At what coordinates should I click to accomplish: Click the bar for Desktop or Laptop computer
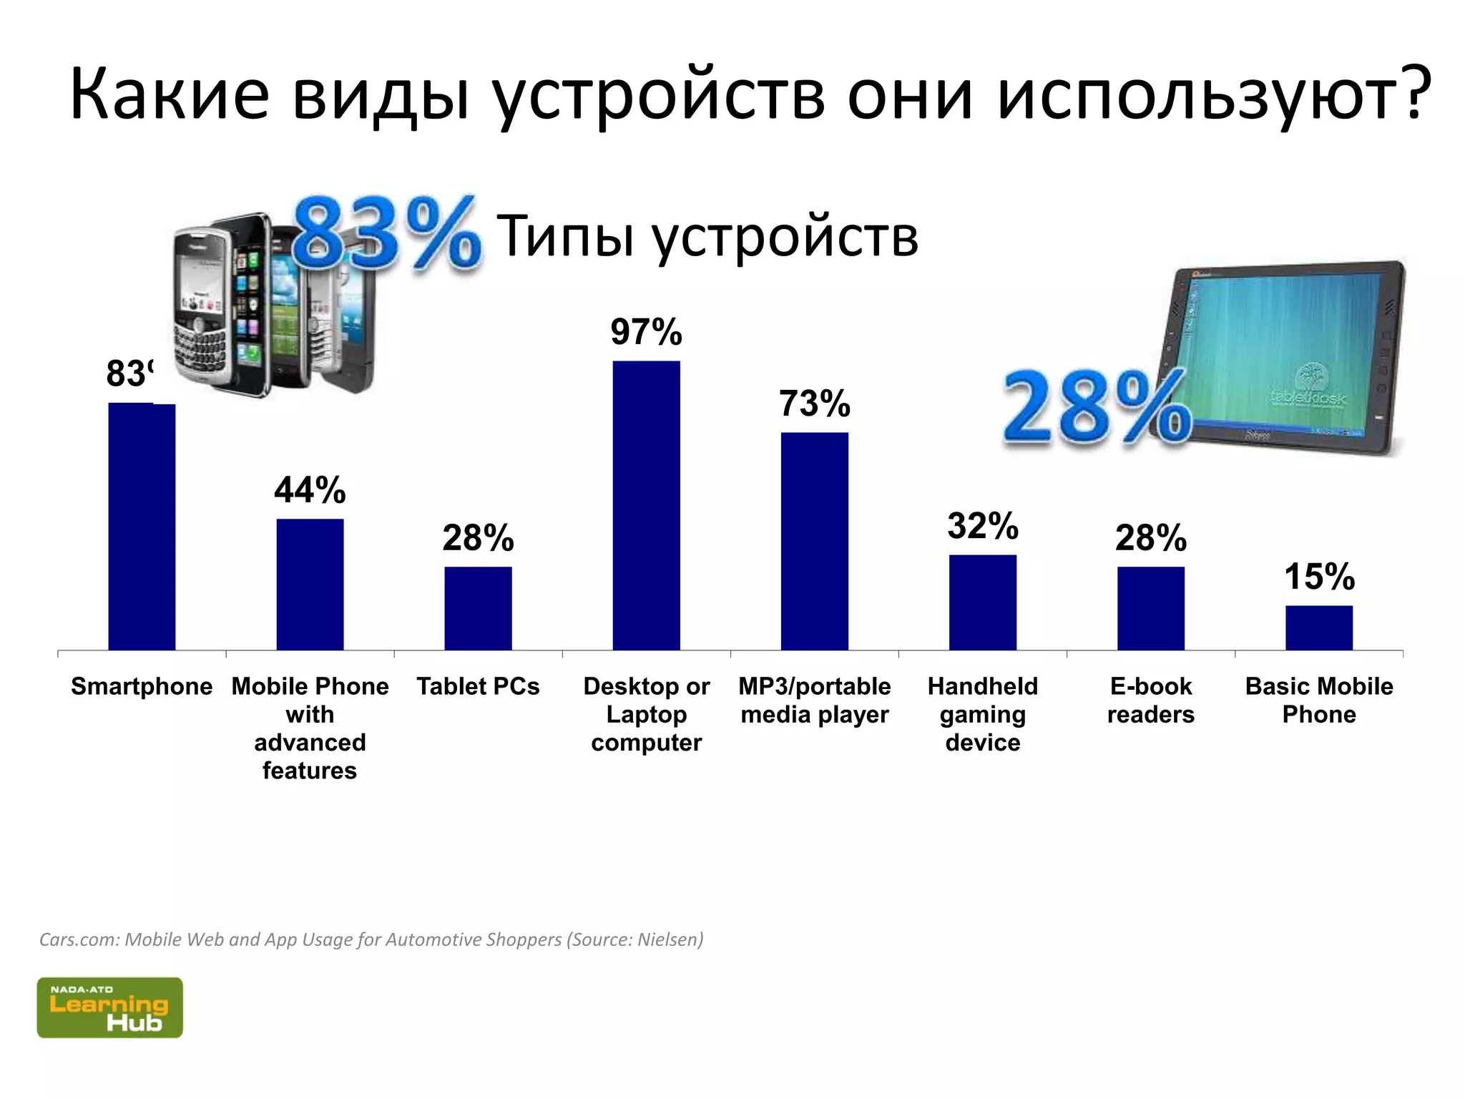(646, 505)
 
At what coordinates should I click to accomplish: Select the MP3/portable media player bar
(814, 541)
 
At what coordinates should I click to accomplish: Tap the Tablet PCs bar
(478, 608)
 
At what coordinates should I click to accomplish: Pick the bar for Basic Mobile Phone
(1318, 627)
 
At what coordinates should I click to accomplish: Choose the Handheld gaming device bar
(982, 602)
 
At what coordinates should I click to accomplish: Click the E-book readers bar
(1150, 608)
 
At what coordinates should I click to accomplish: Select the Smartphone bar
(142, 527)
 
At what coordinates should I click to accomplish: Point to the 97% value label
(646, 332)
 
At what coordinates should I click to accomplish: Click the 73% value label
(814, 404)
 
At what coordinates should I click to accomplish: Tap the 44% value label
(310, 490)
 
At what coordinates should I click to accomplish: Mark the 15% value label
(1318, 577)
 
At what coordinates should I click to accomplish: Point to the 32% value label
(982, 526)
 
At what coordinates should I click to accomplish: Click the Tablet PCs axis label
(478, 686)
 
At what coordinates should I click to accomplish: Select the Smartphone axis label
(142, 686)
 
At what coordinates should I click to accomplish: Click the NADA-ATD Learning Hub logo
(109, 1007)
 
